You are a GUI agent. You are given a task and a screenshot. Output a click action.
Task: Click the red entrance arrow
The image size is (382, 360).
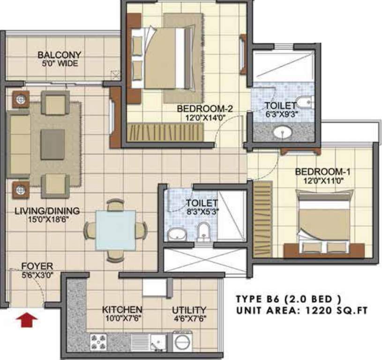click(x=27, y=320)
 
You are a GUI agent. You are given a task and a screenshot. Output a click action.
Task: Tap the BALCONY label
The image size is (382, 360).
click(x=60, y=55)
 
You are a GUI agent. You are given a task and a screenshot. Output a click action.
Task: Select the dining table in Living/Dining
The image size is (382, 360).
click(x=115, y=230)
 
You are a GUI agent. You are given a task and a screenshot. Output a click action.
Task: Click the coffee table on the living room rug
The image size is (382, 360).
click(x=52, y=144)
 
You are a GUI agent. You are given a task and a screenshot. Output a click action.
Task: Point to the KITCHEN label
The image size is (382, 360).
click(x=122, y=310)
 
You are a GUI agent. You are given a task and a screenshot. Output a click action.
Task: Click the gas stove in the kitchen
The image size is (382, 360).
click(x=99, y=342)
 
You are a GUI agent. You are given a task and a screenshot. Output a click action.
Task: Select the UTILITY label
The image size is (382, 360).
click(x=189, y=310)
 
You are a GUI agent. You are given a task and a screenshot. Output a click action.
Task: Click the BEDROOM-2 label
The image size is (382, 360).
click(x=205, y=109)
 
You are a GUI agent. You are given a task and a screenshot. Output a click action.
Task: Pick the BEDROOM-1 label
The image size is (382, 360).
click(x=323, y=172)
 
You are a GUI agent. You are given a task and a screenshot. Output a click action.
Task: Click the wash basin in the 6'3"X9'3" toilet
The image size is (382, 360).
click(x=283, y=133)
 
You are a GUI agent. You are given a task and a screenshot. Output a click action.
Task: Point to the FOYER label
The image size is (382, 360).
click(x=37, y=266)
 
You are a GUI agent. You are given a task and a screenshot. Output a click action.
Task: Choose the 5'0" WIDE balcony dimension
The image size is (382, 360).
click(x=59, y=63)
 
